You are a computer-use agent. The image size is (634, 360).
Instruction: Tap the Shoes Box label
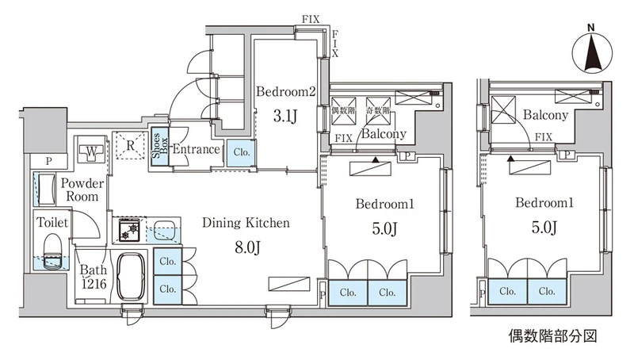tap(160, 147)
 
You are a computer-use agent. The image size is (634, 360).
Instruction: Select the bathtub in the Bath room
tap(132, 278)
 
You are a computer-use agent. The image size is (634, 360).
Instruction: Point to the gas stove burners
tap(129, 230)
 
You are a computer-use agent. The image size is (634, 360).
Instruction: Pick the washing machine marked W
tap(91, 153)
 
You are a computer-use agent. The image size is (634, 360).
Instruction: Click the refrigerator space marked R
tap(130, 145)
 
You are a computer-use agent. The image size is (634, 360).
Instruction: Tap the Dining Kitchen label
tap(246, 223)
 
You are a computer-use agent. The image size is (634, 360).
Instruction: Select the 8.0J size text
tap(246, 246)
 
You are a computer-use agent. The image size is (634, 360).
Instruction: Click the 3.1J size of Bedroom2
tap(285, 116)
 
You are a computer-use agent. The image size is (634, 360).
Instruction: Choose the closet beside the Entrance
tap(241, 152)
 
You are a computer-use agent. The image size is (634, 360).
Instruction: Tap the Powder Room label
tap(82, 190)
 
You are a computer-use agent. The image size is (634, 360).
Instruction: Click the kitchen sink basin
tap(164, 230)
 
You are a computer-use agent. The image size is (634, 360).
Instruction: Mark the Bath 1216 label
tap(93, 277)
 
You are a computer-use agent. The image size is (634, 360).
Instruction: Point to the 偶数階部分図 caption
tap(552, 335)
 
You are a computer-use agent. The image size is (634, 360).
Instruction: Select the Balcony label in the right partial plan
tap(545, 115)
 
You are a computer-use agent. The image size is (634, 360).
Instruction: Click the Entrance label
tap(196, 149)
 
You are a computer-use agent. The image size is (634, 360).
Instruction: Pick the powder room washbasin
tap(46, 189)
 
